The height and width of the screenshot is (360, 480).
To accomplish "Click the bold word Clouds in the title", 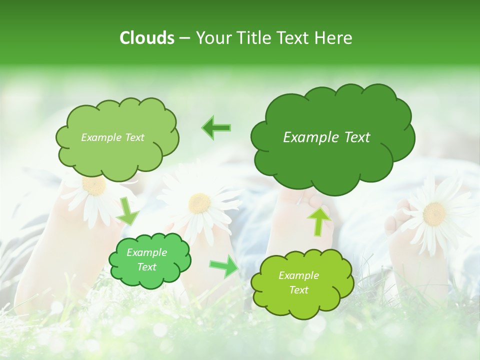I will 147,38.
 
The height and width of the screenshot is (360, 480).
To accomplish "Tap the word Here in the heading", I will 334,38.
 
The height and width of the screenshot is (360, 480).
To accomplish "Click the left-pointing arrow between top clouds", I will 216,127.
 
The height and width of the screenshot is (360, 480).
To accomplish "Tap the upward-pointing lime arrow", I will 319,221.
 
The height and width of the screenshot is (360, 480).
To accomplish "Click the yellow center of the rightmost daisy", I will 434,213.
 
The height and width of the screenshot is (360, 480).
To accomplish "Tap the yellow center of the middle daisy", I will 199,202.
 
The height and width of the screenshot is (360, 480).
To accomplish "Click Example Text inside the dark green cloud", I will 326,137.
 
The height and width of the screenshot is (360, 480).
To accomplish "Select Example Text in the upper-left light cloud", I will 112,137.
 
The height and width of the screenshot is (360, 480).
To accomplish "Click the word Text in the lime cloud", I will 299,290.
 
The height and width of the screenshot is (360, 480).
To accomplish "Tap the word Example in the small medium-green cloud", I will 146,252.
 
